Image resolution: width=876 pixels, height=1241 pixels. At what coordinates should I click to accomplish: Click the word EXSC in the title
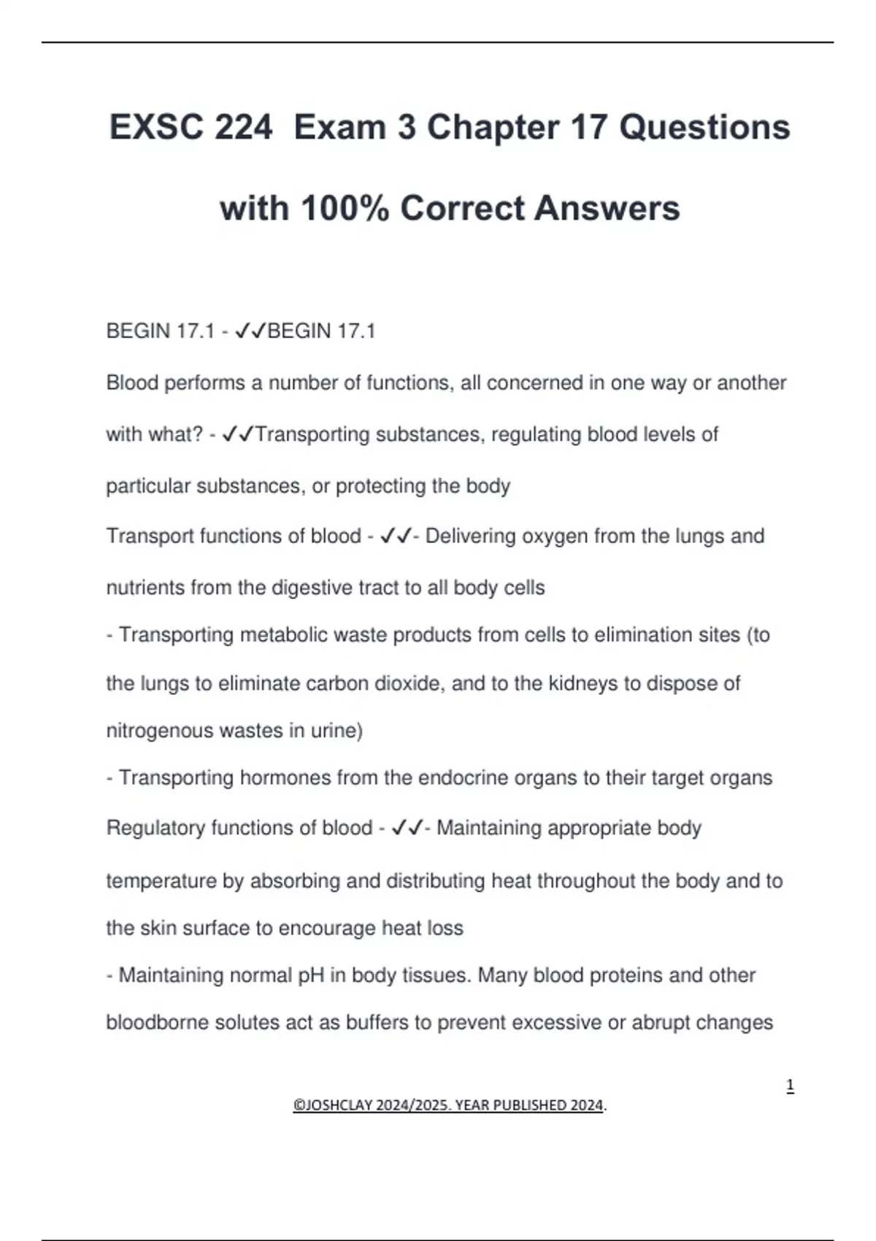point(155,127)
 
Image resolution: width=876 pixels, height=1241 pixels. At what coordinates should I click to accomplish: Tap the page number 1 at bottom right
point(790,1086)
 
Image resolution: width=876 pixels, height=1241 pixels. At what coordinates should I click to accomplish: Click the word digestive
point(312,588)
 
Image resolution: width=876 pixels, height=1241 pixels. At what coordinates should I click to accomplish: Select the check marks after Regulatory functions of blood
point(407,829)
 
